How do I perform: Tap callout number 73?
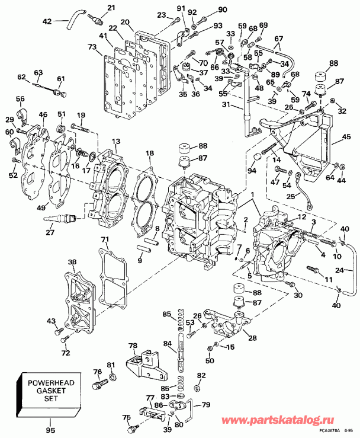(91, 47)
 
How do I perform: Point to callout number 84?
(167, 344)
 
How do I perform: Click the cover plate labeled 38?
(76, 302)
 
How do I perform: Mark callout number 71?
(105, 239)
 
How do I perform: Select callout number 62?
(22, 77)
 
